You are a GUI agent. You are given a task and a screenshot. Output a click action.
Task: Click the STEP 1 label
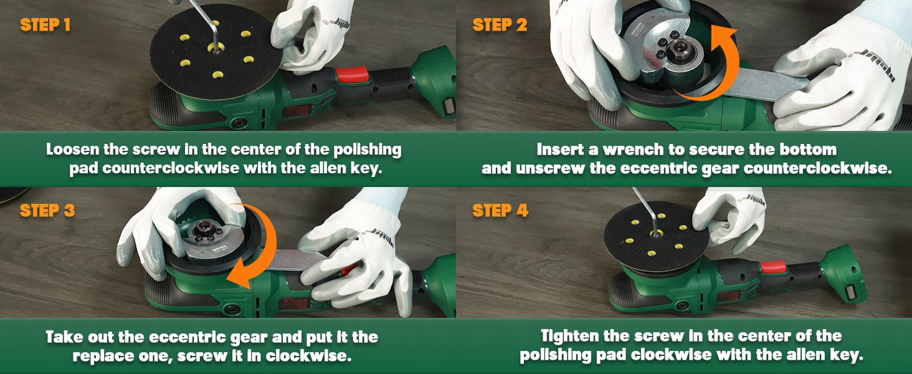point(45,25)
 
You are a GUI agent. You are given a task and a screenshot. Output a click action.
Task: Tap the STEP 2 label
point(500,25)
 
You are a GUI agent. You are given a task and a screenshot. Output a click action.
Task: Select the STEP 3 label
point(47,211)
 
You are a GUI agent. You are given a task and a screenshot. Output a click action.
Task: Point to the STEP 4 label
point(500,211)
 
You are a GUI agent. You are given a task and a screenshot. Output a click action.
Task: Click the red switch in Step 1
point(352,75)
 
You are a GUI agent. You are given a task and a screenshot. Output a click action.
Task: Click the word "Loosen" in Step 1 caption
point(72,150)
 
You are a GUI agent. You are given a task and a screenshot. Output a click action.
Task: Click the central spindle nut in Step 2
point(679,49)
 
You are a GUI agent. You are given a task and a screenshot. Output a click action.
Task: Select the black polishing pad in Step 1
point(216,52)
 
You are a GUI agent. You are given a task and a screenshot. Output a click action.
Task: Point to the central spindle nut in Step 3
point(202,228)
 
